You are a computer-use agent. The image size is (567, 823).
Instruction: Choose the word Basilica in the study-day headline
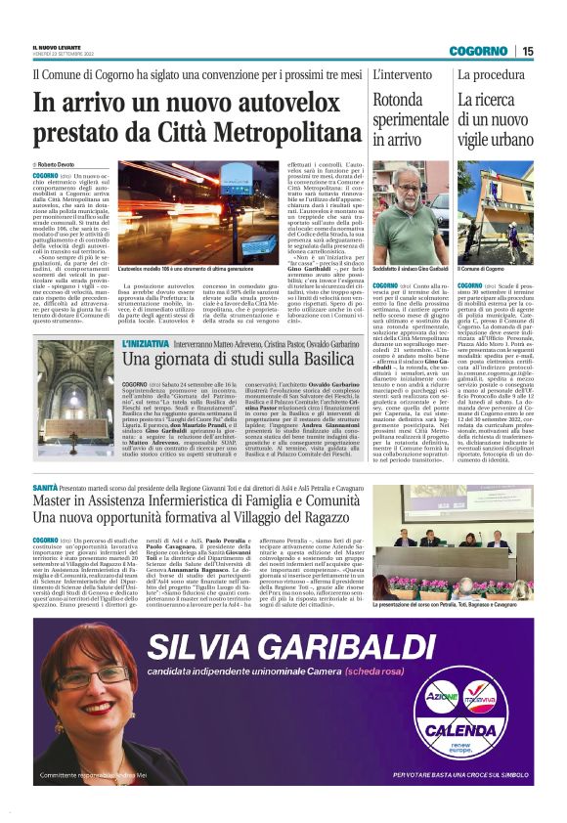[308, 363]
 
